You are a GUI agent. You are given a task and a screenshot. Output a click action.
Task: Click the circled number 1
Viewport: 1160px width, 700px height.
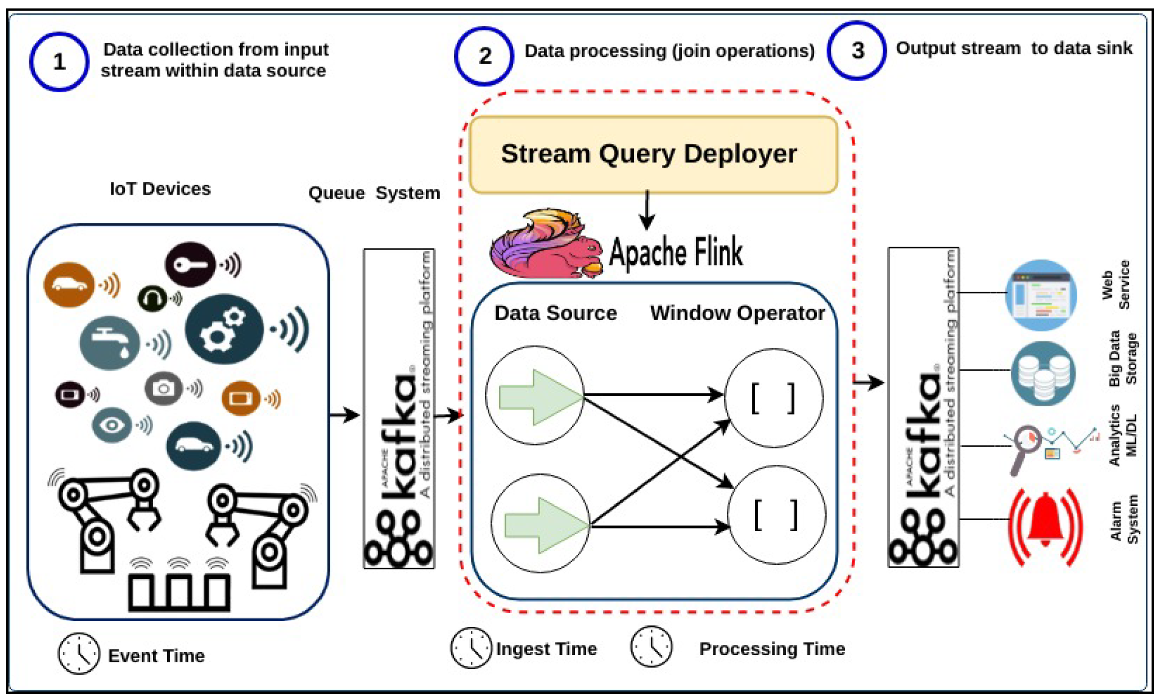coord(59,61)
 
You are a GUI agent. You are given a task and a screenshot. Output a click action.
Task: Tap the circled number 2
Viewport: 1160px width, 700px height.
coord(484,56)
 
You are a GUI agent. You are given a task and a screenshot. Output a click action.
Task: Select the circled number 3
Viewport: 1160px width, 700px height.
coord(857,51)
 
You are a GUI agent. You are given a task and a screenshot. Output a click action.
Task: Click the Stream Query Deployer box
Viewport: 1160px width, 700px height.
coord(653,154)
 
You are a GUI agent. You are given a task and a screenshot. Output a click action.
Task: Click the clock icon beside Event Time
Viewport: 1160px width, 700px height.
coord(79,653)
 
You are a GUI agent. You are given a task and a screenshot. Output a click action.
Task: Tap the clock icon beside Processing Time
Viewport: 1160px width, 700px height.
coord(651,647)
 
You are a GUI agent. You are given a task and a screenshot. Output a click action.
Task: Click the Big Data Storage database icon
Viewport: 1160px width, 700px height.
coord(1043,373)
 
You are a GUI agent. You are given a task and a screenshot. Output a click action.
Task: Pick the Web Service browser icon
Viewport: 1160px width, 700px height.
coord(1041,294)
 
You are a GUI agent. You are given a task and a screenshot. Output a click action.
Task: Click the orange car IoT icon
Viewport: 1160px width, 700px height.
coord(69,284)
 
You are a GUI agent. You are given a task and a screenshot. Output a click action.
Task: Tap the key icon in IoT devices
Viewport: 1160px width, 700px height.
coord(190,264)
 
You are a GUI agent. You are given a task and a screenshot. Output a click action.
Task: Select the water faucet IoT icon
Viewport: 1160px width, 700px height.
coord(110,342)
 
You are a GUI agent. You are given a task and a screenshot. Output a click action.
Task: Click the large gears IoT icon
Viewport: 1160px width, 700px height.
coord(224,329)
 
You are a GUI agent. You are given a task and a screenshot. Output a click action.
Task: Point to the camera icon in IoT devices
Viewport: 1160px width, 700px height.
coord(164,388)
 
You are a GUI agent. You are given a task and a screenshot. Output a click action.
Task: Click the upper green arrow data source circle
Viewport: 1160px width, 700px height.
coord(535,396)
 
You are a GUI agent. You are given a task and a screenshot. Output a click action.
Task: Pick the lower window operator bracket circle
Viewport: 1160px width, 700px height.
coord(776,515)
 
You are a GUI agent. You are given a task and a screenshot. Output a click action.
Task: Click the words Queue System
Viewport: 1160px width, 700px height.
coord(374,193)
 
